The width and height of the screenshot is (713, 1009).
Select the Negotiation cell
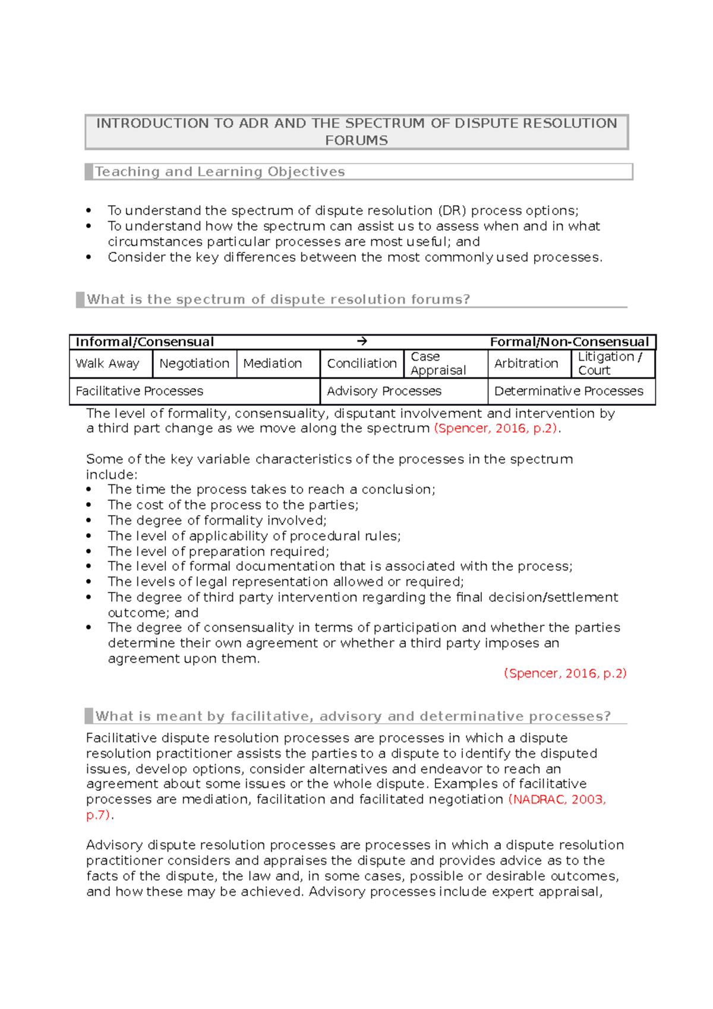click(194, 364)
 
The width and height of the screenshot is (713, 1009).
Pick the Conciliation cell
click(361, 364)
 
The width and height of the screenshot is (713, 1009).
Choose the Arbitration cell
click(526, 364)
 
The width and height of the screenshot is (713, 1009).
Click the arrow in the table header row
click(362, 342)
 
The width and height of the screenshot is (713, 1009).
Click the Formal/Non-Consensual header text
click(569, 342)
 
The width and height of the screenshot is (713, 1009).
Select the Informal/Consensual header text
click(144, 342)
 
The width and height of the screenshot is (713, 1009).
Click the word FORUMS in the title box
click(356, 141)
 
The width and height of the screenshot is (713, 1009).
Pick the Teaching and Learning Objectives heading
click(220, 172)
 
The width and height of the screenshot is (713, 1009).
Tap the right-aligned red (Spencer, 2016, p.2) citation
click(565, 673)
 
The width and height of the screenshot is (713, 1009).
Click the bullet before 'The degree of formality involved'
click(89, 521)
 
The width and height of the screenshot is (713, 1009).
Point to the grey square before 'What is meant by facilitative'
click(89, 715)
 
